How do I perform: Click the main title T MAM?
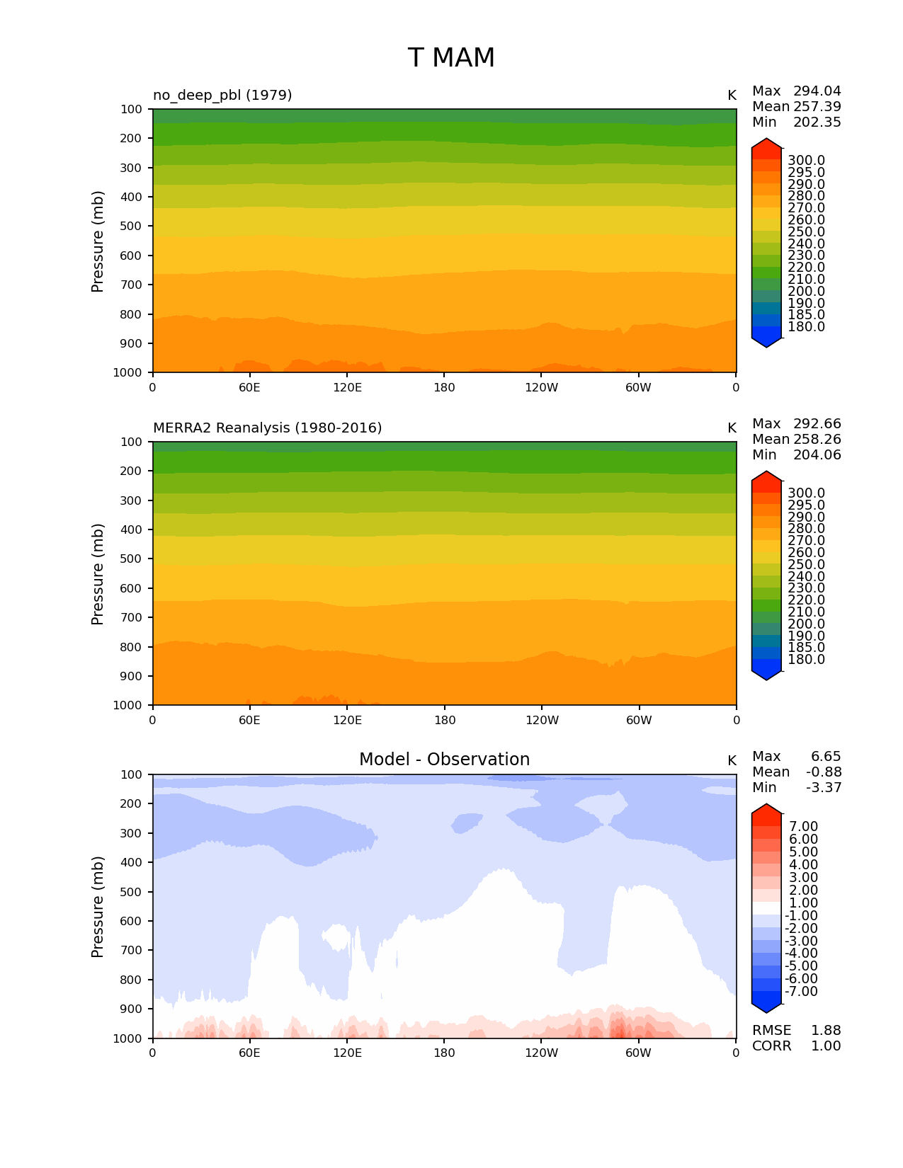[x=451, y=58]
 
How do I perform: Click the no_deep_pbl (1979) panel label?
[x=222, y=95]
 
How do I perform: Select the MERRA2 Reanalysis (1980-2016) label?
[x=267, y=428]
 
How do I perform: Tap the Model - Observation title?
[x=444, y=760]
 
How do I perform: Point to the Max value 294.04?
[x=817, y=91]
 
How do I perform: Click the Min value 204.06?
[x=817, y=455]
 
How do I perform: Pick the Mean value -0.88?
[x=824, y=772]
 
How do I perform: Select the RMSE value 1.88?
[x=826, y=1031]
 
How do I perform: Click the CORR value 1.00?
[x=826, y=1046]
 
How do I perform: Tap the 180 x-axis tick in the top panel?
[x=444, y=388]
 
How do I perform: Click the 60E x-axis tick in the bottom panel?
[x=249, y=1053]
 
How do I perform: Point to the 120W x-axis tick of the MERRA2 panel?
[x=542, y=721]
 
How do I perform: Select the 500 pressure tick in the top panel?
[x=132, y=227]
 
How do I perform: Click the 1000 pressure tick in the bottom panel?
[x=128, y=1038]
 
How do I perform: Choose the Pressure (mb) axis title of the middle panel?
[x=98, y=573]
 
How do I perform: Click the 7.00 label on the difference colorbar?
[x=803, y=827]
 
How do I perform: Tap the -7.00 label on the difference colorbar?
[x=801, y=992]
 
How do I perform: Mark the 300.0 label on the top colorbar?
[x=806, y=161]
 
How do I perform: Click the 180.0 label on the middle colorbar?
[x=806, y=660]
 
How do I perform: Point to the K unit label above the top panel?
[x=732, y=96]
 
